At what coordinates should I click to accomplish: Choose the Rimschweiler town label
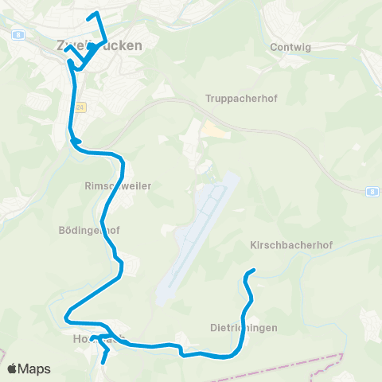[118, 185]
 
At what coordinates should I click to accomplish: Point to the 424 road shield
[80, 106]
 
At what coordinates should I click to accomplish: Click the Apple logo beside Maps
[13, 369]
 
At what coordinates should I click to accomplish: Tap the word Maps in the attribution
[35, 369]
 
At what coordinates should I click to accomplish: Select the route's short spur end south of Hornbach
[103, 364]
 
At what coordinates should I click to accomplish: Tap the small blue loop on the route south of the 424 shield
[76, 142]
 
